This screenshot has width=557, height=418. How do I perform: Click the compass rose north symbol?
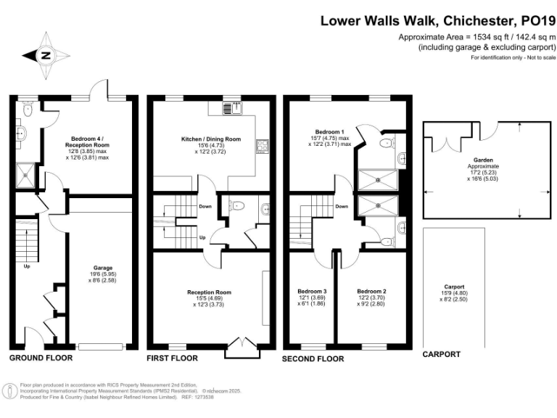[x=45, y=55]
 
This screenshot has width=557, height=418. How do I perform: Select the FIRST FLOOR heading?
[x=172, y=358]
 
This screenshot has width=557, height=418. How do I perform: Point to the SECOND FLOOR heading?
[x=313, y=358]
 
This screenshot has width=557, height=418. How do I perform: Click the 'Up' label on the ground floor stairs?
[x=28, y=266]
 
